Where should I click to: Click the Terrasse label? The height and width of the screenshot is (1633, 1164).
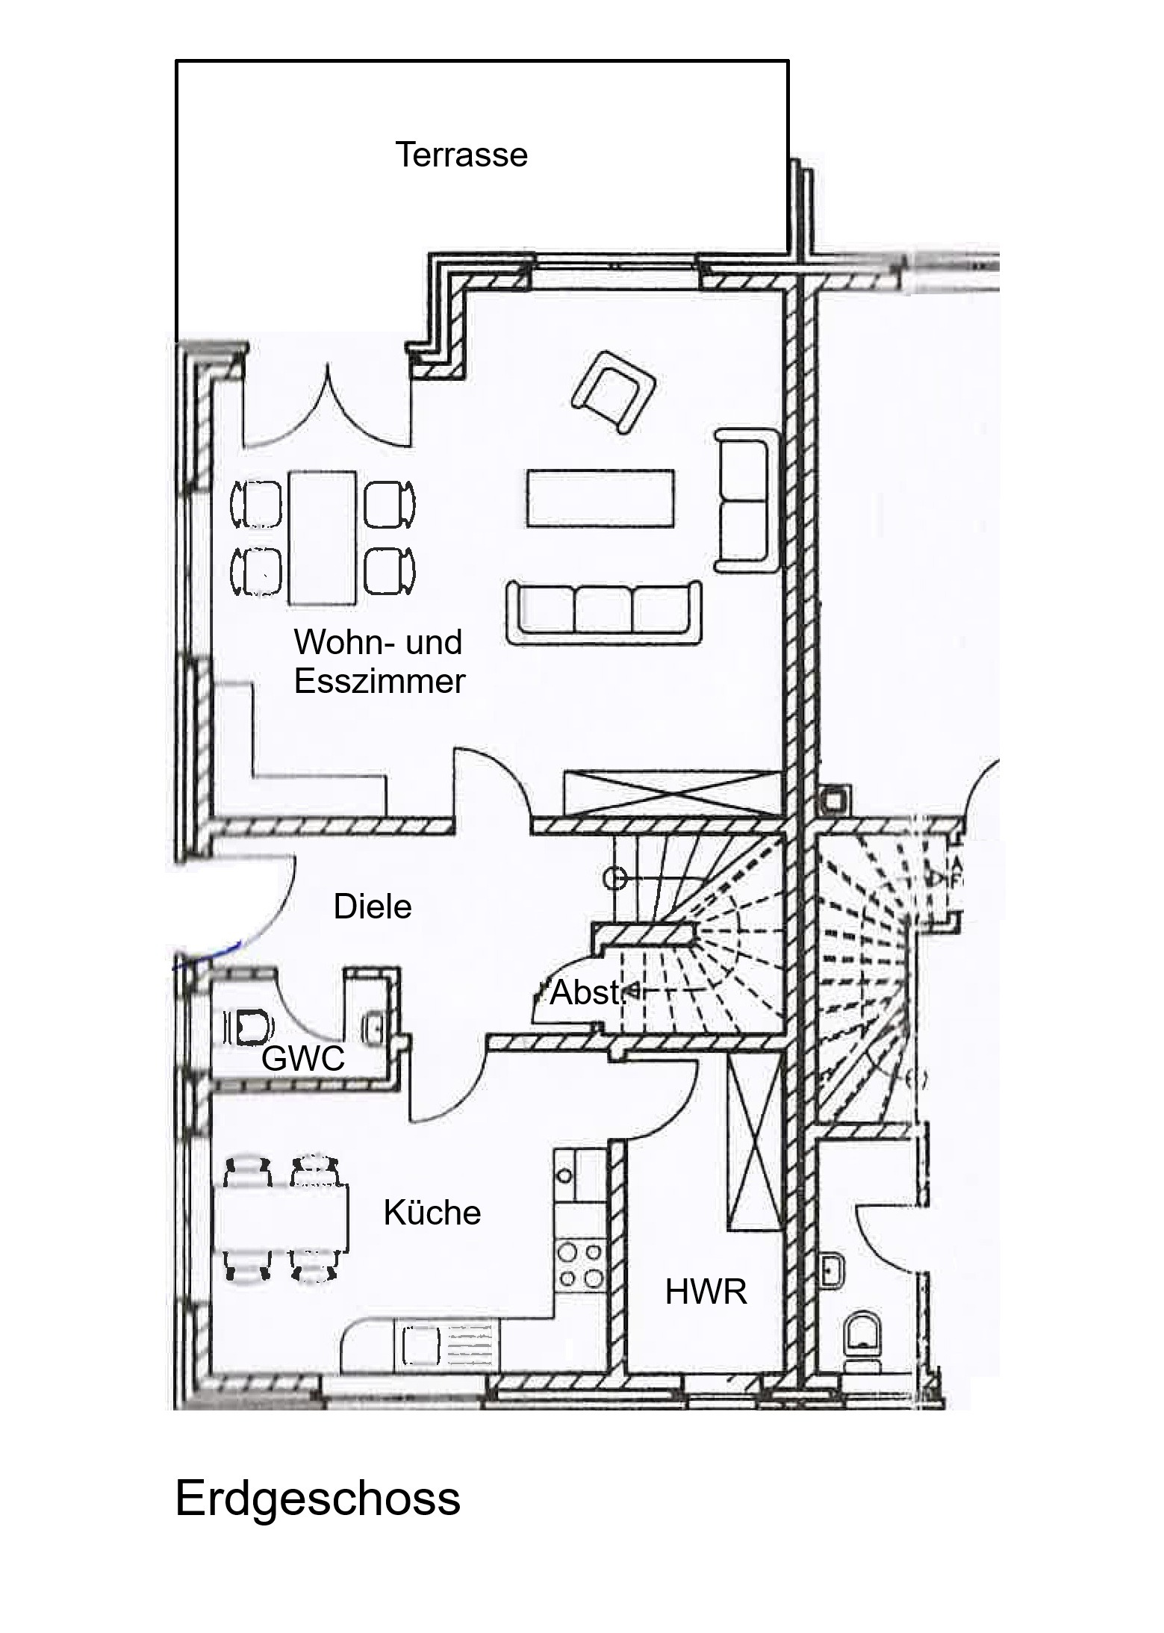461,155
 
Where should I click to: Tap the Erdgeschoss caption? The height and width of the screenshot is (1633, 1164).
318,1498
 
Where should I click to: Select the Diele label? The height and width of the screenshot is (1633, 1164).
373,906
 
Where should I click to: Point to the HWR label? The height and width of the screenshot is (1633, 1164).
706,1292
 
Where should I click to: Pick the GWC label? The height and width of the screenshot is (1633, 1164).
303,1058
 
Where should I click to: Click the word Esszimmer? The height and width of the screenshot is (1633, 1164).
379,682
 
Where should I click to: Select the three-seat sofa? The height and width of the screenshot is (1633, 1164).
604,612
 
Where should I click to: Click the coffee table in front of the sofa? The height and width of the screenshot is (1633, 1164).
600,498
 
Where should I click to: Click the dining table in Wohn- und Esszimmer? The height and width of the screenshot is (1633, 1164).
322,537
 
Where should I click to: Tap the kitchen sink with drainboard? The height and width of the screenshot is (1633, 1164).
448,1346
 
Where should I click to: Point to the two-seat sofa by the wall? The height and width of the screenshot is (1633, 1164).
747,500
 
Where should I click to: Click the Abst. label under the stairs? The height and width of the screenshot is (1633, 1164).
586,993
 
